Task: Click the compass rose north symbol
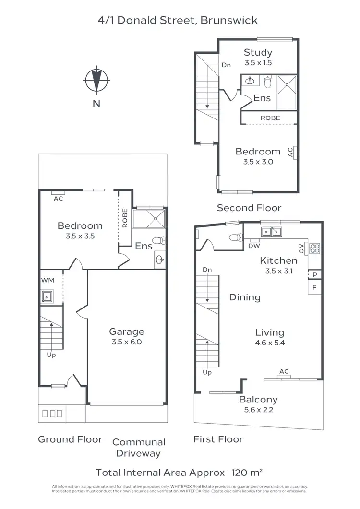[x=96, y=80]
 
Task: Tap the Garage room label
[x=127, y=331]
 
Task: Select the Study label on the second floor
[x=258, y=52]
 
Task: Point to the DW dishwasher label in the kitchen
[x=254, y=246]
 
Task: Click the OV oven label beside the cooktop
[x=301, y=248]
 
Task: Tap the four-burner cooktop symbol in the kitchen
[x=315, y=249]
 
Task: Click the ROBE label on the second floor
[x=270, y=118]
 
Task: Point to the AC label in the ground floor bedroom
[x=59, y=199]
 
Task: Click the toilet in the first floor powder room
[x=235, y=237]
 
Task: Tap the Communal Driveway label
[x=139, y=447]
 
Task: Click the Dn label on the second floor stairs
[x=226, y=65]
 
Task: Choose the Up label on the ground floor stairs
[x=51, y=355]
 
